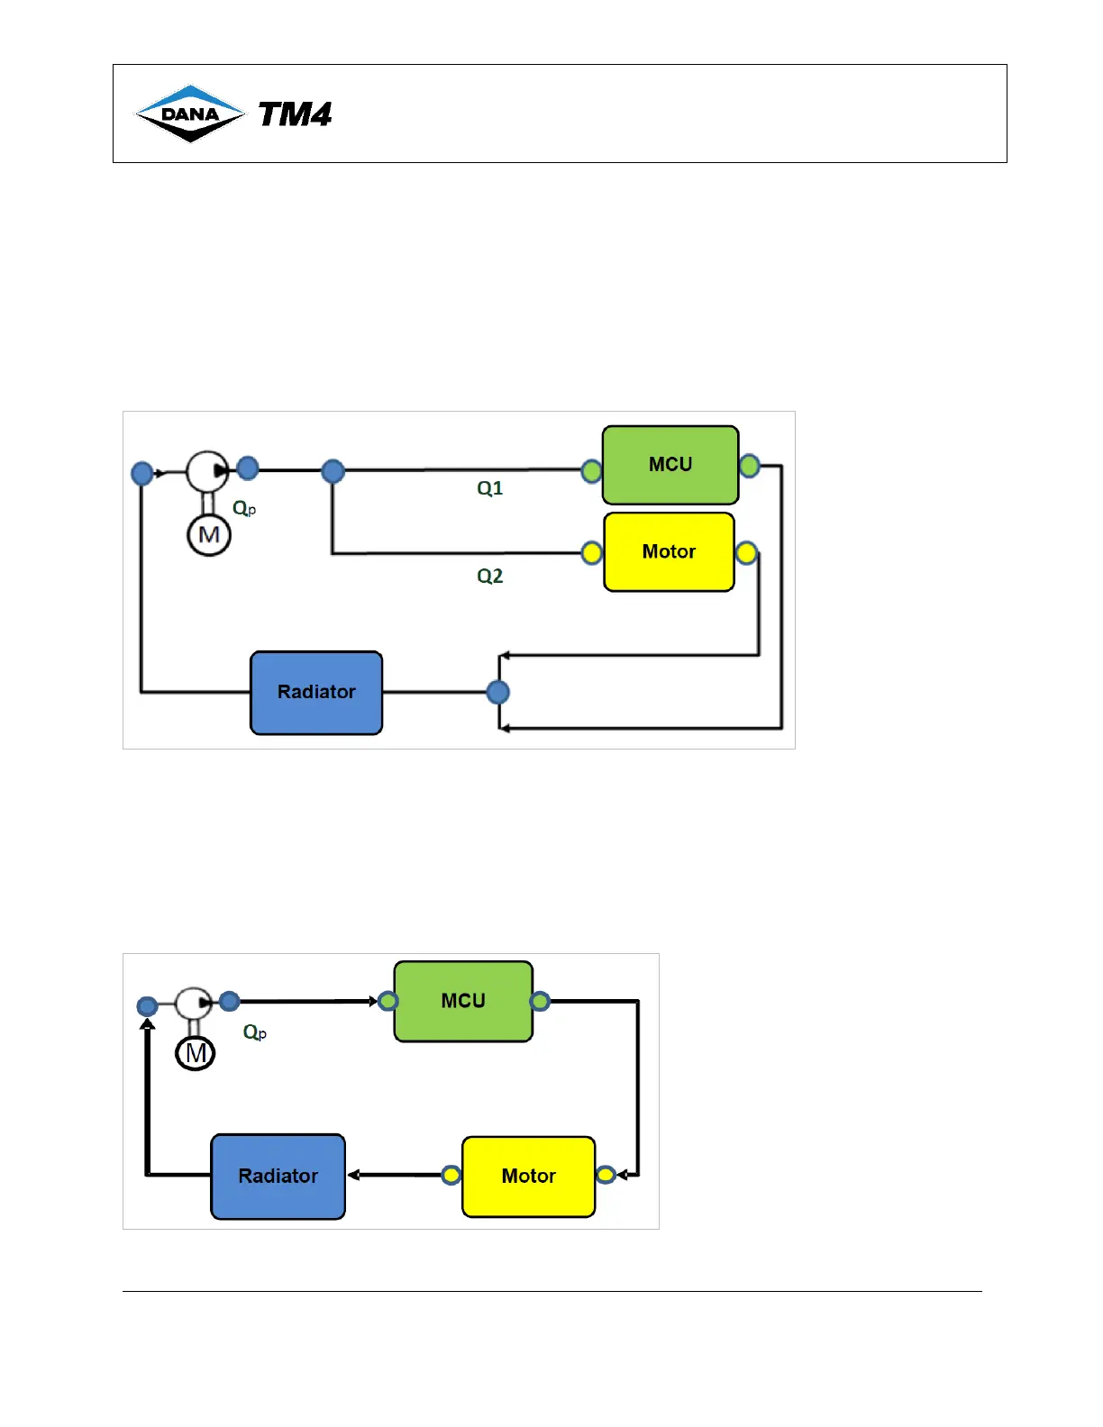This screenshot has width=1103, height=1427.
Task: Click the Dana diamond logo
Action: (x=189, y=114)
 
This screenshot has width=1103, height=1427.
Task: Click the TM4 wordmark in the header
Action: (x=295, y=114)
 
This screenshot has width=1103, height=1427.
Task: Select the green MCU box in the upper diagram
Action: (x=670, y=465)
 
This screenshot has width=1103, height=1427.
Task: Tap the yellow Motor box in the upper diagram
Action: (x=669, y=551)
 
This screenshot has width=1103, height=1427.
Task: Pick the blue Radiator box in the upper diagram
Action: (x=316, y=692)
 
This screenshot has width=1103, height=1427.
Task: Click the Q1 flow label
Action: (x=490, y=488)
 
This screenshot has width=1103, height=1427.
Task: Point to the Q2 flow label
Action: (x=490, y=576)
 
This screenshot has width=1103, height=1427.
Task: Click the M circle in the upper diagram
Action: (x=209, y=535)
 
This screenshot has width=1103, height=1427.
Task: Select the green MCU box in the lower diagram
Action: (x=463, y=1001)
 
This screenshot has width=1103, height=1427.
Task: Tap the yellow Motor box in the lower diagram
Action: (x=528, y=1176)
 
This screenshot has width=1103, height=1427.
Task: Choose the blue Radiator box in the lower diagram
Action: (x=278, y=1176)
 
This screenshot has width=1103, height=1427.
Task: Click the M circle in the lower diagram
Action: (x=196, y=1053)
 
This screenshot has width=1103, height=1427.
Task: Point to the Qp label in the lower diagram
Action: (x=254, y=1032)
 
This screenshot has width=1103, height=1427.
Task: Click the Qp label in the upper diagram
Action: (x=244, y=508)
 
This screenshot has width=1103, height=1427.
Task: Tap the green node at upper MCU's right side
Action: (x=749, y=466)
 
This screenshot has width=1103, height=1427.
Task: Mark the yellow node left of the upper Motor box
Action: (x=591, y=552)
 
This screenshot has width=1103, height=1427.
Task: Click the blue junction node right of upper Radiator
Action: (x=497, y=692)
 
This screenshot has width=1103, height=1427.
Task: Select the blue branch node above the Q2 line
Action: (x=333, y=470)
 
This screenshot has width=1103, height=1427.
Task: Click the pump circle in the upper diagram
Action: (x=207, y=471)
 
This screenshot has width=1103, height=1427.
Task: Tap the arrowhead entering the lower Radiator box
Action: (x=353, y=1175)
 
